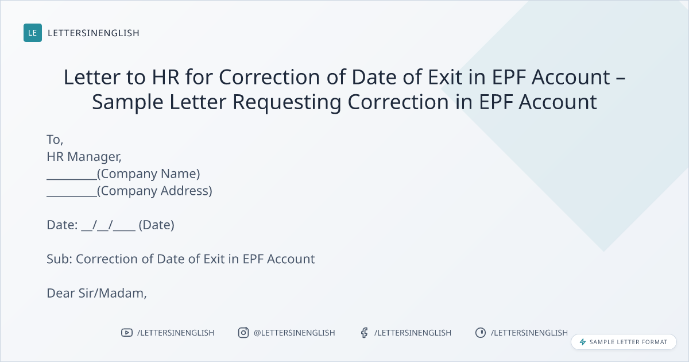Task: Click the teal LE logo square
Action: pyautogui.click(x=33, y=33)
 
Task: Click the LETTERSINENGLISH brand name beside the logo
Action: pyautogui.click(x=94, y=33)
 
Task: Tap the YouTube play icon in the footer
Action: pyautogui.click(x=127, y=333)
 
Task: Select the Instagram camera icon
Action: pyautogui.click(x=243, y=333)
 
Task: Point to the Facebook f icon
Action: pyautogui.click(x=365, y=333)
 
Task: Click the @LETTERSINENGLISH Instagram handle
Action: pyautogui.click(x=295, y=333)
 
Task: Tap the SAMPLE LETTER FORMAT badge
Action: pyautogui.click(x=624, y=342)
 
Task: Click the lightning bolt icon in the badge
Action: pyautogui.click(x=583, y=342)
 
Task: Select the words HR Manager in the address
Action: pyautogui.click(x=83, y=157)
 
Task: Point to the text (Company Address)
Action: pyautogui.click(x=154, y=191)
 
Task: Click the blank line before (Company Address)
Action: pyautogui.click(x=72, y=196)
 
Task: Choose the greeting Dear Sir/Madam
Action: pyautogui.click(x=96, y=294)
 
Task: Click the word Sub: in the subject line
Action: pyautogui.click(x=59, y=259)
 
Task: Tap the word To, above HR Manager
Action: pyautogui.click(x=55, y=140)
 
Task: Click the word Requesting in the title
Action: pyautogui.click(x=287, y=102)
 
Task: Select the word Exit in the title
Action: pyautogui.click(x=445, y=76)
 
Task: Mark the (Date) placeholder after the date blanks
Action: pyautogui.click(x=157, y=225)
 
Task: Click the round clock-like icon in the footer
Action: pyautogui.click(x=481, y=333)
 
